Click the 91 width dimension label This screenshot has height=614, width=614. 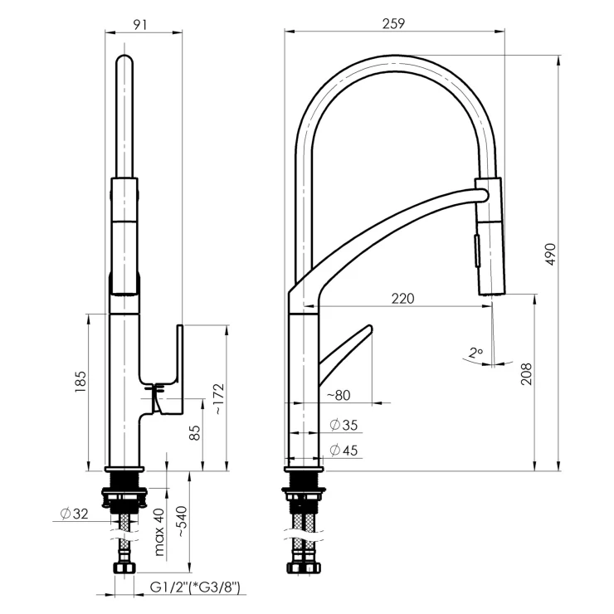tap(140, 24)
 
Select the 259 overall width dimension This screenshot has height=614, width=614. tap(393, 24)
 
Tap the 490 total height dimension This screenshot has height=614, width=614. tap(551, 255)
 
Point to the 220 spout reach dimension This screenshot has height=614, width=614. tap(403, 299)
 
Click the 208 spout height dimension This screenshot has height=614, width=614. tap(527, 374)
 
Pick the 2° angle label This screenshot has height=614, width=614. tap(475, 353)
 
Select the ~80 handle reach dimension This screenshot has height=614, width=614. tap(339, 395)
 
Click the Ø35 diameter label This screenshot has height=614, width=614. tap(344, 425)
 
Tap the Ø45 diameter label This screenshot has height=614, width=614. tap(344, 450)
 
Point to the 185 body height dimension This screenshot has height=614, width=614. tap(80, 382)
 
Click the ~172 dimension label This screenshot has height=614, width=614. tap(218, 398)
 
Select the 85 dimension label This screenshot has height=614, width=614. tap(195, 432)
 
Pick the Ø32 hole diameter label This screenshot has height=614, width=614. tap(75, 514)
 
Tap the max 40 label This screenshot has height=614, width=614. tap(159, 532)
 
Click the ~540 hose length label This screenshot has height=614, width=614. tap(183, 522)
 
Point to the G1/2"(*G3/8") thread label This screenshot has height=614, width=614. tap(195, 587)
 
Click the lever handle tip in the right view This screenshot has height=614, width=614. tap(369, 328)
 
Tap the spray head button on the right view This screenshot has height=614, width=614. tap(477, 251)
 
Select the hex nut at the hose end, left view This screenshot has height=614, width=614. tap(124, 568)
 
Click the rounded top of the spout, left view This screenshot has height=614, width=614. tap(125, 59)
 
